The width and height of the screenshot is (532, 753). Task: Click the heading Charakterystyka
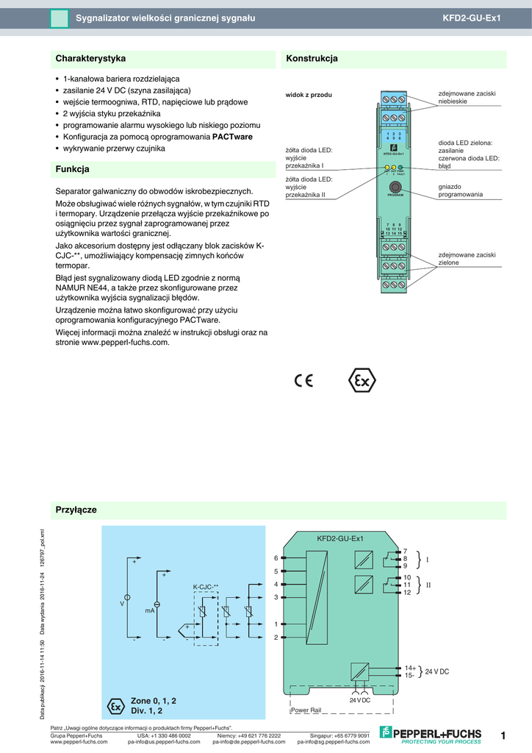click(x=91, y=58)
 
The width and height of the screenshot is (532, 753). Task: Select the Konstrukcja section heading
click(x=312, y=58)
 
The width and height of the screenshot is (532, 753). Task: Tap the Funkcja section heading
click(x=73, y=169)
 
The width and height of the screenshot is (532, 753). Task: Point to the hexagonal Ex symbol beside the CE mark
click(x=361, y=381)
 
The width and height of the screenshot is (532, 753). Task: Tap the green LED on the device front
click(x=400, y=168)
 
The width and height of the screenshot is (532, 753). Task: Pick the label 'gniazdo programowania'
click(x=461, y=190)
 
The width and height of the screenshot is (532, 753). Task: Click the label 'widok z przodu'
click(x=309, y=96)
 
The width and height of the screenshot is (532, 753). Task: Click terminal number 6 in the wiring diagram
click(x=276, y=558)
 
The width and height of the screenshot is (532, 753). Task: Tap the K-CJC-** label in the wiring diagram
click(x=206, y=586)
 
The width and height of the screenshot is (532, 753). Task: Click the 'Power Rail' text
click(x=306, y=710)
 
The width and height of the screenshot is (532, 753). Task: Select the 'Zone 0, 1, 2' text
click(x=154, y=700)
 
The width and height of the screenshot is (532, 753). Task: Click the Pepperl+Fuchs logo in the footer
click(x=431, y=734)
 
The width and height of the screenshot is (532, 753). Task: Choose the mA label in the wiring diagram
click(x=149, y=610)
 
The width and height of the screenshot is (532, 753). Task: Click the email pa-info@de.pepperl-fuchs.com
click(x=249, y=742)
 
